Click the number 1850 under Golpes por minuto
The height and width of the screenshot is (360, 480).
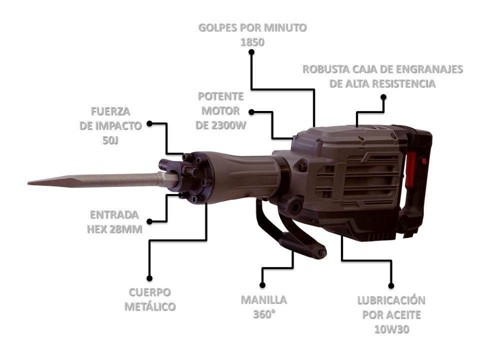[252, 42]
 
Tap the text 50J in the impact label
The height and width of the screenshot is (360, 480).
[110, 140]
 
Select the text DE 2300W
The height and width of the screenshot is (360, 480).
[221, 125]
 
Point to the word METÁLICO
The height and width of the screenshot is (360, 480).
[150, 306]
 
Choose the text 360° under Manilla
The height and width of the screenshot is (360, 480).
[264, 315]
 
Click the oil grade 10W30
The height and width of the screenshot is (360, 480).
[391, 329]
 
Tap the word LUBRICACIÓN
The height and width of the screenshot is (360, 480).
[391, 300]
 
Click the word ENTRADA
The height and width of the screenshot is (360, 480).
[114, 215]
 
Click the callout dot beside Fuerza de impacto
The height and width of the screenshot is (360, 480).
[149, 123]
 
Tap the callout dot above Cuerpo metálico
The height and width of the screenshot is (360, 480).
[149, 278]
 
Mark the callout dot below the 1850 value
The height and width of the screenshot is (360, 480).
[252, 52]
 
